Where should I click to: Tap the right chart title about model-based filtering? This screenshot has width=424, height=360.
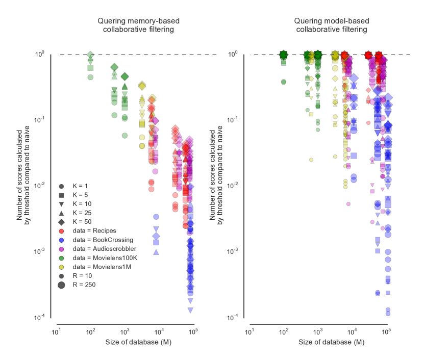pos(331,25)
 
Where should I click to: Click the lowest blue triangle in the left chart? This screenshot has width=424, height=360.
pos(191,310)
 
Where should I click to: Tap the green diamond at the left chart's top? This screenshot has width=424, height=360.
pos(90,55)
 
